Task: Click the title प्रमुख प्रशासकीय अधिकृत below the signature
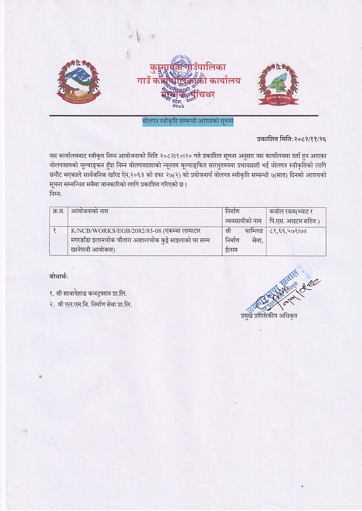(x=269, y=315)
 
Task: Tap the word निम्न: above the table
(x=58, y=192)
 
